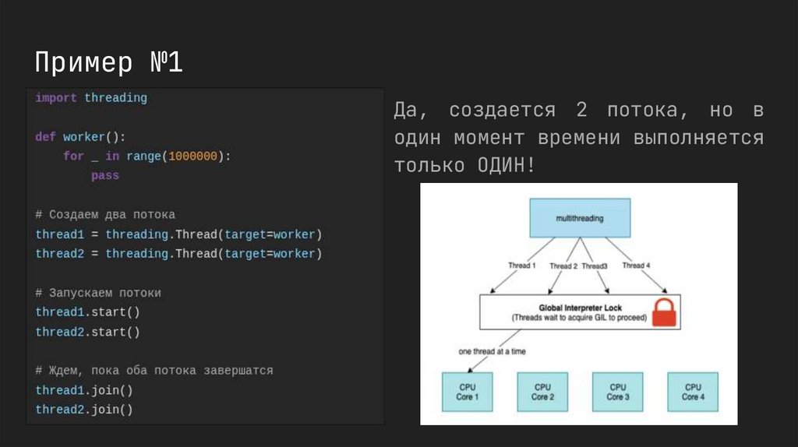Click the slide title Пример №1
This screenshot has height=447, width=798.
(x=109, y=62)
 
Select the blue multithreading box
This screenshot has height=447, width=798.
(x=579, y=219)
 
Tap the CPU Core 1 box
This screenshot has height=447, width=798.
(x=467, y=392)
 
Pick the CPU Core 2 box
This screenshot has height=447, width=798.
(x=542, y=392)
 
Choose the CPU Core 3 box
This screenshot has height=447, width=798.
(x=617, y=392)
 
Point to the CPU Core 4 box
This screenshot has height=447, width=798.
(x=692, y=392)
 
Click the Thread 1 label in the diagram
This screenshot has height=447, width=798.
(x=521, y=266)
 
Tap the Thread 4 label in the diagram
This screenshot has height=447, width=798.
(x=636, y=266)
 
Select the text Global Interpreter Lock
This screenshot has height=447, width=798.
(x=579, y=308)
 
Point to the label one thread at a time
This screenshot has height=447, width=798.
(x=492, y=352)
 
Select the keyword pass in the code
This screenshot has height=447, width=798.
(x=105, y=176)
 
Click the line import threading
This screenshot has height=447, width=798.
(x=91, y=98)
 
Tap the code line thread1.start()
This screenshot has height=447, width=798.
(x=87, y=312)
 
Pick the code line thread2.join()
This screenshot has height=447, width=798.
(x=84, y=410)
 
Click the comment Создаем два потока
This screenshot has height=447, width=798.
(x=105, y=215)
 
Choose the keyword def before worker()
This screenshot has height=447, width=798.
(x=45, y=137)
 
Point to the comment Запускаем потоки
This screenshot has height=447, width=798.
(x=98, y=293)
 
